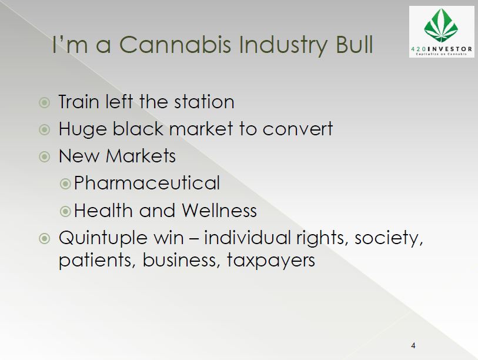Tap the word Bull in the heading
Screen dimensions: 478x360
pos(354,45)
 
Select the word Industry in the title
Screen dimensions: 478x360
pos(282,46)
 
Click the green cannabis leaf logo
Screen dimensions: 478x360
pos(441,25)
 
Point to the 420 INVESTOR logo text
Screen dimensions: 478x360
pos(442,49)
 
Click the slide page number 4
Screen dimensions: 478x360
pos(413,346)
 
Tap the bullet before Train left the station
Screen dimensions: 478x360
pos(45,102)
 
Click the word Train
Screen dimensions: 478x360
pos(79,102)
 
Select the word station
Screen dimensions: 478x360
pos(204,102)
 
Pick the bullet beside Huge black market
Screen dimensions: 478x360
pos(45,129)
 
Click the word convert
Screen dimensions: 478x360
pos(298,129)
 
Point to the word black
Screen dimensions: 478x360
pos(138,128)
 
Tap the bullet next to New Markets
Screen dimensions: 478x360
pos(45,157)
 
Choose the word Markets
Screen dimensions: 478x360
pos(141,156)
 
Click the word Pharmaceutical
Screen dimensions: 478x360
pos(146,183)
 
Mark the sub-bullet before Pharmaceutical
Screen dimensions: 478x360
pos(65,184)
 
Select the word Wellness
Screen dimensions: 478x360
pos(219,211)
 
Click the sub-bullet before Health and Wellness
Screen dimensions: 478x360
pos(65,211)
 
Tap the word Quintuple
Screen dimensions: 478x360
pos(103,238)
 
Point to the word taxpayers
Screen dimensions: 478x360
pos(270,261)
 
